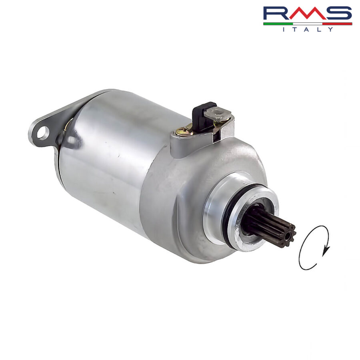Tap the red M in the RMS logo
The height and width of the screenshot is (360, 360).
[x=306, y=13]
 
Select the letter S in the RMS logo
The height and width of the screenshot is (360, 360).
[x=338, y=13]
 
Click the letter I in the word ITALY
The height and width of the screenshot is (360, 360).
[x=284, y=29]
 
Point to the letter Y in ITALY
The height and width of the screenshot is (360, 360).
[x=330, y=29]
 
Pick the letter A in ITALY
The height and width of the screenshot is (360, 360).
[x=307, y=29]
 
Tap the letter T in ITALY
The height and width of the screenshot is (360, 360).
[x=295, y=29]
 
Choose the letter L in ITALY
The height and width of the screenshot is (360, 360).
[x=319, y=29]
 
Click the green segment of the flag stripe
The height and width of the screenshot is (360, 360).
[x=278, y=24]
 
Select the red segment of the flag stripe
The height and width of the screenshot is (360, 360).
[x=337, y=24]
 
